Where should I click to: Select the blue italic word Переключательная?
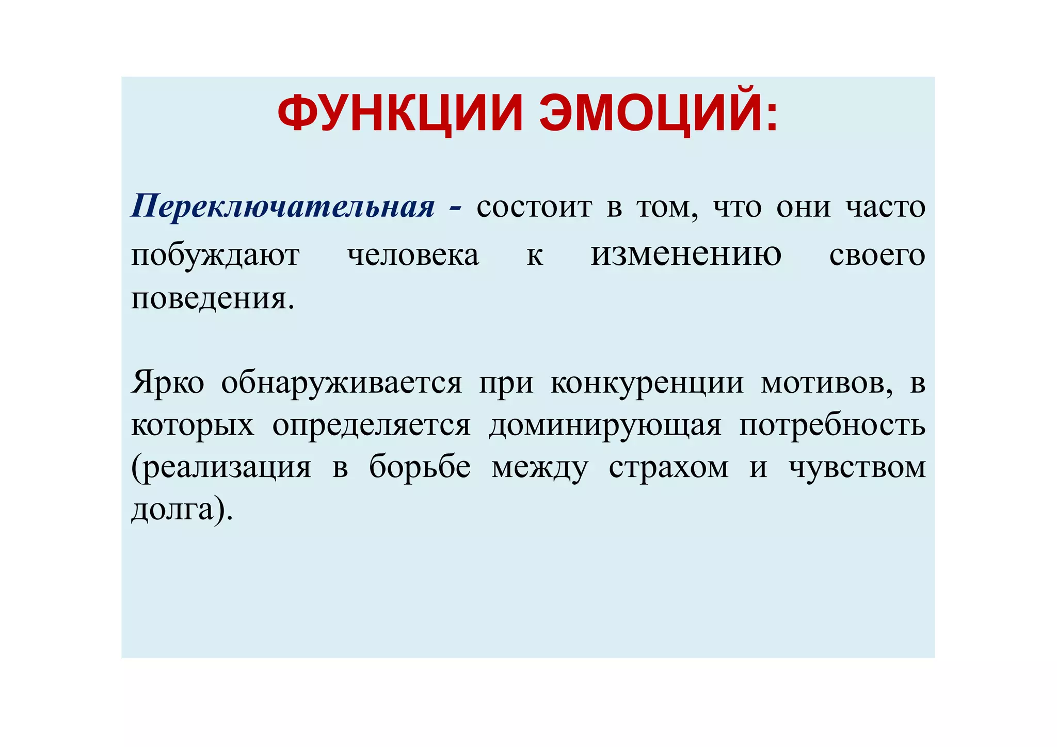pos(283,206)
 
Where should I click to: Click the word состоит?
pos(534,208)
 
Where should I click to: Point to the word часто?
pos(885,208)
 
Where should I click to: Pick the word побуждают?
pos(215,255)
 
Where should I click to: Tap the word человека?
pos(413,255)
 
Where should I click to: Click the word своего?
pos(877,255)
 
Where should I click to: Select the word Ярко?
pos(168,383)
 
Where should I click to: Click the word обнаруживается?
pos(342,383)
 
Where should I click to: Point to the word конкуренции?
pos(647,383)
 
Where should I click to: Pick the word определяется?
pos(372,426)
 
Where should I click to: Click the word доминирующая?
pos(605,426)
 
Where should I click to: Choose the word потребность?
pos(832,426)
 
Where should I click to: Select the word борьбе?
pos(420,468)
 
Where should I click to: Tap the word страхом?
pos(669,468)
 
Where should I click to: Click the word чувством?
pos(857,468)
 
